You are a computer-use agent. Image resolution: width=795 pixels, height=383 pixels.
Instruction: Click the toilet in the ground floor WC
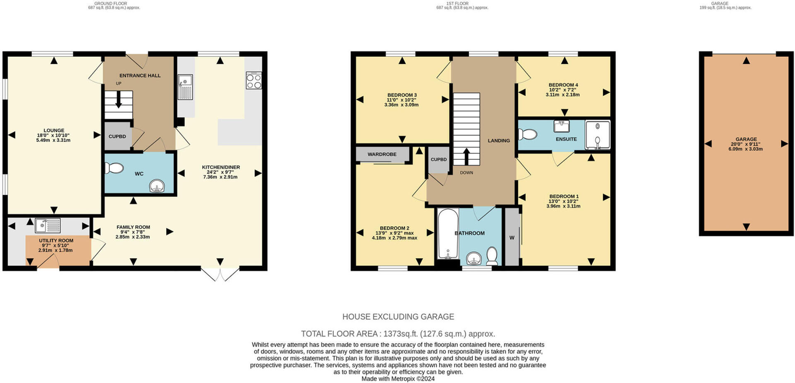point(114,168)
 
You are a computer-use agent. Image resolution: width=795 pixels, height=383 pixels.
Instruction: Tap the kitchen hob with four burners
point(254,81)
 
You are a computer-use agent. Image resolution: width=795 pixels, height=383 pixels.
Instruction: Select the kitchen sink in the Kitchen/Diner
point(185,87)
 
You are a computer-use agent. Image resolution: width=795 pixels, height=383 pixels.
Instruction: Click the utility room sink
point(48,225)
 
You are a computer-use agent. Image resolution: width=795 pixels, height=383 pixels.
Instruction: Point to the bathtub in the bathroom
point(448,234)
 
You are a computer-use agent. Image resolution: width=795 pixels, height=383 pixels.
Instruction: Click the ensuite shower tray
point(597,135)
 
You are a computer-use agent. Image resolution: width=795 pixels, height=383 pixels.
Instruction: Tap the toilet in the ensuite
point(528,134)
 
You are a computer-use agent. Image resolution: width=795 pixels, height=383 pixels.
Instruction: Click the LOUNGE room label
point(54,130)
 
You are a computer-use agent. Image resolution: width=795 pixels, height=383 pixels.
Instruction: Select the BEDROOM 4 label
point(563,85)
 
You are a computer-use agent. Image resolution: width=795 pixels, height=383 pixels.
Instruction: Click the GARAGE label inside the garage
point(746,139)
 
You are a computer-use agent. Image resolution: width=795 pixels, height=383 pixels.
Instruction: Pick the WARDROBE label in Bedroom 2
point(382,154)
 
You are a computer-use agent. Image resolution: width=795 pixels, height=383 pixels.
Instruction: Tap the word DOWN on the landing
point(466,173)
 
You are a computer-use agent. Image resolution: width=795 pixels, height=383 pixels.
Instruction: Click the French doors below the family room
point(220,274)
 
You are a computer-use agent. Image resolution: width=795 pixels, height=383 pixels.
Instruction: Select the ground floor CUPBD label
point(117,136)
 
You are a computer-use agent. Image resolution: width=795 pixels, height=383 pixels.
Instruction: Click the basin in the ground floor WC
point(157,187)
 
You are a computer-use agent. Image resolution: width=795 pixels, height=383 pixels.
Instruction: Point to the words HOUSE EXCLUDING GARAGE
point(398,317)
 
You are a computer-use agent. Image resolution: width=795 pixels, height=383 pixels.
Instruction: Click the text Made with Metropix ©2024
point(398,378)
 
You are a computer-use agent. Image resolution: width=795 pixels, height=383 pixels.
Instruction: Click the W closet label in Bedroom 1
point(512,238)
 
